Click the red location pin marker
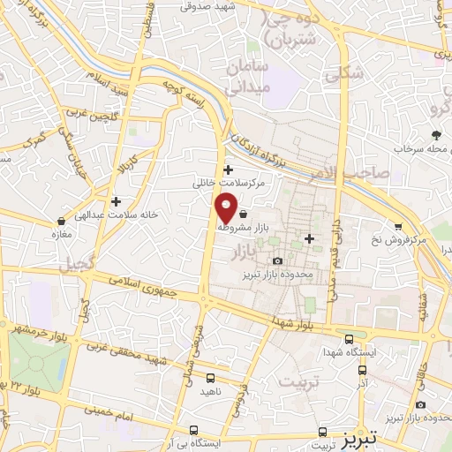227,207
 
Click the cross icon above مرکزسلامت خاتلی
229,169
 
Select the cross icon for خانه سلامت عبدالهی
116,201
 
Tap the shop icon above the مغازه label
60,221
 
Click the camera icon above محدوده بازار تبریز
278,260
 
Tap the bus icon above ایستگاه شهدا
350,340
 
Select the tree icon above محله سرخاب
436,135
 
